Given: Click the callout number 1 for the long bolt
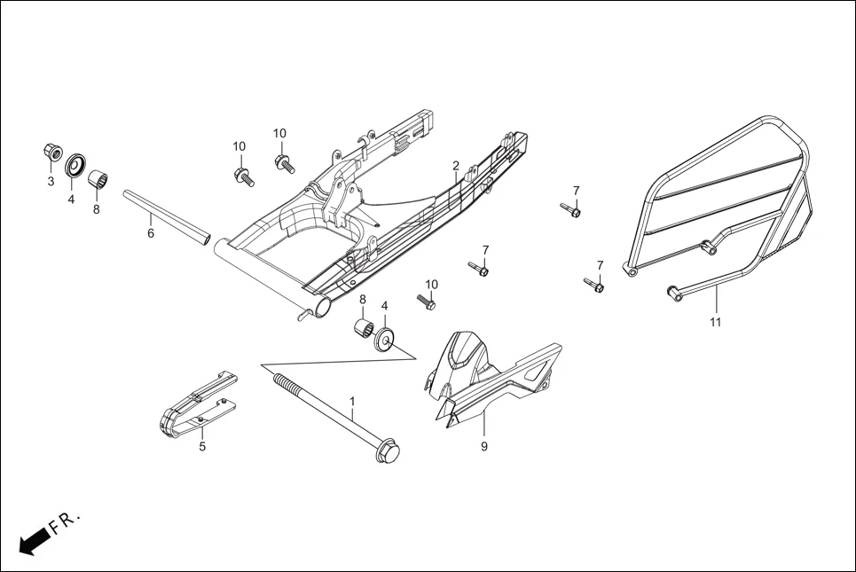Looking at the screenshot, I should (352, 402).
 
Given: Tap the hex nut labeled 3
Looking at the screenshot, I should (52, 153).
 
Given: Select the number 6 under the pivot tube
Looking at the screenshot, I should (151, 233).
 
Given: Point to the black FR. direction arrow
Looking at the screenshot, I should (32, 541).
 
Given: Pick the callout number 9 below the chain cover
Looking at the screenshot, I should (484, 447).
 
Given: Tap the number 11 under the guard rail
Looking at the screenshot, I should (715, 322).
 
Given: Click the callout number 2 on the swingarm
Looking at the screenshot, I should (455, 166).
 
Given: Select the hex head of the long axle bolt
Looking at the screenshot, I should (387, 453).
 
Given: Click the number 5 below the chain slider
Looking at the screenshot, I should (202, 447).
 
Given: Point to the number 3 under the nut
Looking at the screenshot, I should (51, 181).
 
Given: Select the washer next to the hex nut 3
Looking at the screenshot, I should (75, 164).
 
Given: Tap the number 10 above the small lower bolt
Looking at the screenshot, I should (431, 285).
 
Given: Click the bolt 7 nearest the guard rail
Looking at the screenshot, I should (593, 285).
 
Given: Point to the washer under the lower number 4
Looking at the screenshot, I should (384, 339).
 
